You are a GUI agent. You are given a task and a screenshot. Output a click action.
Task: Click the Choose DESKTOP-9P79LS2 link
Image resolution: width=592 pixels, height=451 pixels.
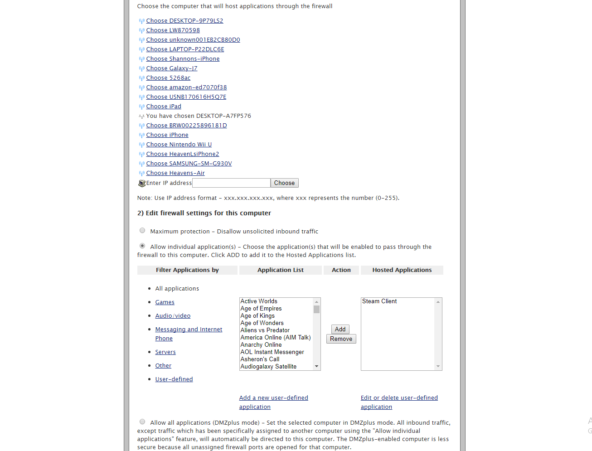(184, 21)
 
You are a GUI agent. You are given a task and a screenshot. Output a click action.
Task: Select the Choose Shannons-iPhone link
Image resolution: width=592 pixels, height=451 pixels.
(183, 59)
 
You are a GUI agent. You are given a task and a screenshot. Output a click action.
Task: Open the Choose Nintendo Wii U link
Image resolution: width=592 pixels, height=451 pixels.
(179, 145)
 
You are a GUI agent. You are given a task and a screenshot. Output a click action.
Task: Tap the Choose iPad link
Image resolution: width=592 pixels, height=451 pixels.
(164, 107)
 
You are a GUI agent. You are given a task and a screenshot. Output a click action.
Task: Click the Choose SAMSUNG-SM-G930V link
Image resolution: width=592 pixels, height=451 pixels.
(189, 164)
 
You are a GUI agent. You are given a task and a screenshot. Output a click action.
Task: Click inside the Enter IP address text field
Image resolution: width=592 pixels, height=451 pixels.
(231, 183)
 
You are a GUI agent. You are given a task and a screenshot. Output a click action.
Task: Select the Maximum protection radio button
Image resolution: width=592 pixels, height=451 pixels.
(142, 231)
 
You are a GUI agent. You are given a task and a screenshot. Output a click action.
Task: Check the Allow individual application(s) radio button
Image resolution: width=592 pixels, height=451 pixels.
(142, 246)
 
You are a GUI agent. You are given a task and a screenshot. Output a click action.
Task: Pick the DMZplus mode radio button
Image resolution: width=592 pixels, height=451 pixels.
(142, 422)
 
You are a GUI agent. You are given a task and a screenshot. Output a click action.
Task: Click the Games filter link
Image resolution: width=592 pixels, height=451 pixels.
(165, 302)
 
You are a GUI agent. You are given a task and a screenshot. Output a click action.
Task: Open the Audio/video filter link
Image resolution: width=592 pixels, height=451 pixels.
(173, 316)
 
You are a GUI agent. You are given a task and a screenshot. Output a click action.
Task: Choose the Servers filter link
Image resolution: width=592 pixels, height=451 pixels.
(165, 352)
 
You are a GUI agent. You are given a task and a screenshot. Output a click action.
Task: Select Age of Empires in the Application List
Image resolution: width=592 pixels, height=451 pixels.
(261, 309)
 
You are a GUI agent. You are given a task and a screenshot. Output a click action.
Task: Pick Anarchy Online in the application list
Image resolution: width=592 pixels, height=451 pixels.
(261, 345)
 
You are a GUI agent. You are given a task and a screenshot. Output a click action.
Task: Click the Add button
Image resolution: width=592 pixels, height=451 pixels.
(340, 330)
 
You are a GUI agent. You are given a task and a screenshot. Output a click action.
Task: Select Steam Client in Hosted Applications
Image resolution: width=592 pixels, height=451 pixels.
(379, 301)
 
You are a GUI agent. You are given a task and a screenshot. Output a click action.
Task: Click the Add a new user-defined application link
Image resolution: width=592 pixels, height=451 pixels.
(273, 398)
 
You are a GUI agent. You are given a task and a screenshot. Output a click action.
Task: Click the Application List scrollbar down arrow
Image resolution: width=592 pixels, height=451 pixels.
(316, 366)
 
